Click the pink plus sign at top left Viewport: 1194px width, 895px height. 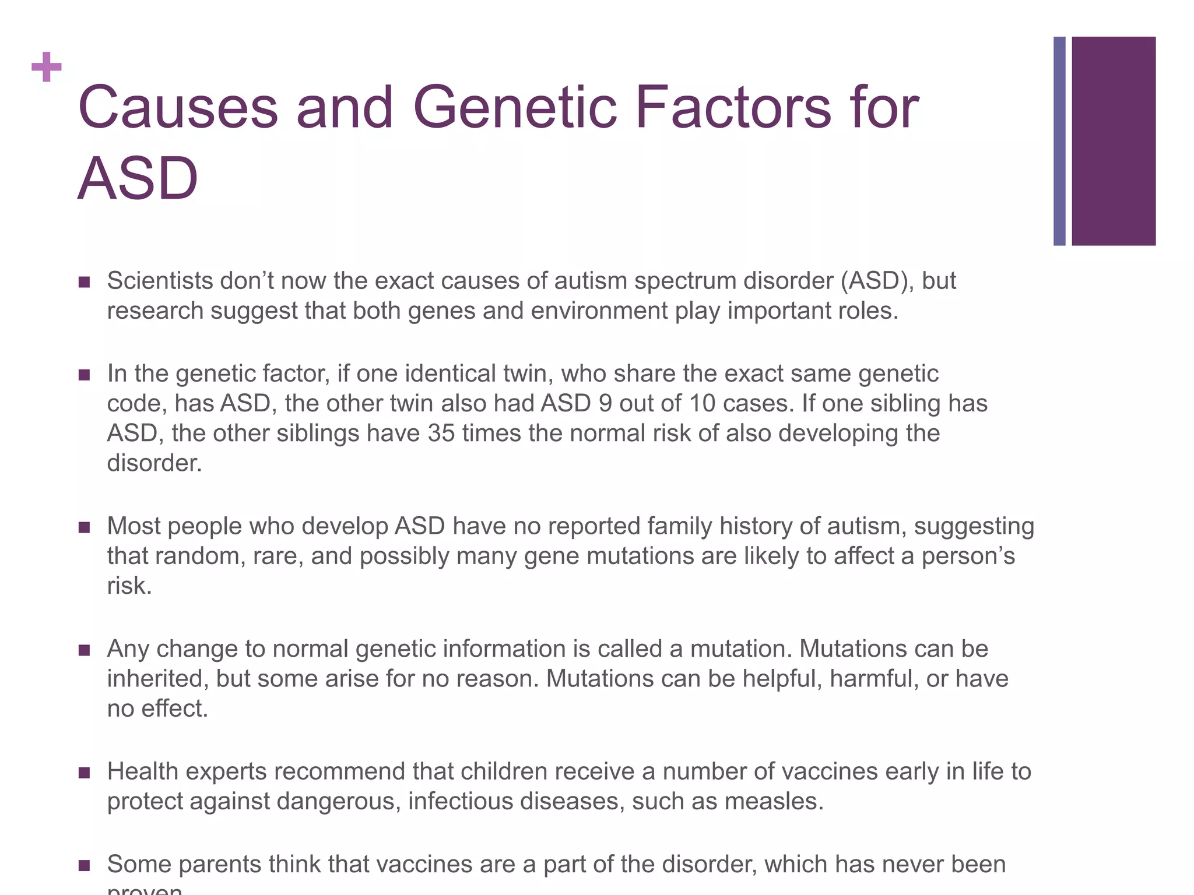(47, 67)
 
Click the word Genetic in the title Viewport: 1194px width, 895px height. (514, 108)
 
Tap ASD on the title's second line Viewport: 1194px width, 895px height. (138, 179)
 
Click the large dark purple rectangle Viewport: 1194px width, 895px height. (1113, 141)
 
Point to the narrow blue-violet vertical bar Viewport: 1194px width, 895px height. (1059, 141)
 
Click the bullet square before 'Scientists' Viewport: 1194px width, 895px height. (84, 282)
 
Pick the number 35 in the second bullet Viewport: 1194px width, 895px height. (441, 433)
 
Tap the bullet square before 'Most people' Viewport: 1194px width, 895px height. (84, 527)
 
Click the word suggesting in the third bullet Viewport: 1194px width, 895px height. (974, 526)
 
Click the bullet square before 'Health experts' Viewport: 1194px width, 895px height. (84, 773)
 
